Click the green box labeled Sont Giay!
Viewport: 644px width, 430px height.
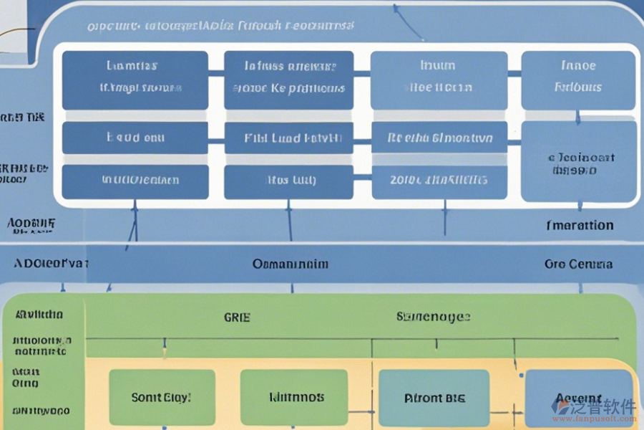pos(162,397)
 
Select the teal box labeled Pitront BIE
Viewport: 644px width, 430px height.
pos(434,398)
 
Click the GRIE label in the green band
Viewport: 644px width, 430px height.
pos(237,316)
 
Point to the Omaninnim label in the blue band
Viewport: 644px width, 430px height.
pos(291,264)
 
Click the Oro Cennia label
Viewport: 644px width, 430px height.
pos(578,264)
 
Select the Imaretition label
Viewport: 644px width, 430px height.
pos(580,225)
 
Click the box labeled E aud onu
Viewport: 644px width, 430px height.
pos(135,138)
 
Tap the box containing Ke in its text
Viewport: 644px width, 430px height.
pos(288,80)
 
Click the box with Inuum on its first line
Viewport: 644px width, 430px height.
pos(439,80)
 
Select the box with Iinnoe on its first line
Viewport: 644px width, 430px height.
pos(578,80)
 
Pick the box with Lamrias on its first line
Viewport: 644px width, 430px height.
pos(135,80)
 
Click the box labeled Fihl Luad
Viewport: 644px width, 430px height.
pos(288,138)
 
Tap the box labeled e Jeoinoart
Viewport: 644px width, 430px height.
pos(578,161)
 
